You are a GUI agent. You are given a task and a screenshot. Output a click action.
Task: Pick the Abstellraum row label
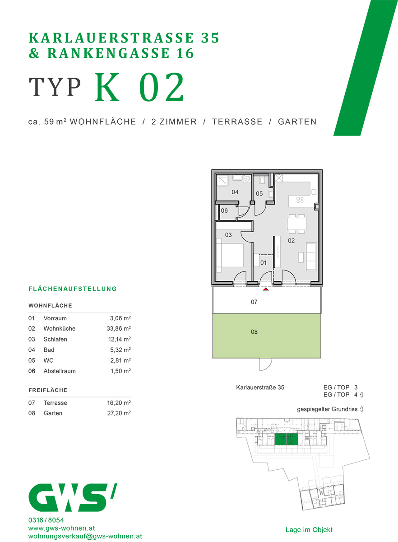point(59,371)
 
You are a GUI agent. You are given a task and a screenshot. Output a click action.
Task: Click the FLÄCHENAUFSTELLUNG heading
point(73,289)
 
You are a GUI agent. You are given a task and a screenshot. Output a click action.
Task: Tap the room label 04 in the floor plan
point(235,192)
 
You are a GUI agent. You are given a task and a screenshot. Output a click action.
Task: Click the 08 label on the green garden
point(254,332)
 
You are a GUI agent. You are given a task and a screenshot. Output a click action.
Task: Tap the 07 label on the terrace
point(254,302)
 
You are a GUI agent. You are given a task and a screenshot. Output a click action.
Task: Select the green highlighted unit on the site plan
point(286,439)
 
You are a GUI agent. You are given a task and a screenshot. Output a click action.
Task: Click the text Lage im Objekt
point(309,530)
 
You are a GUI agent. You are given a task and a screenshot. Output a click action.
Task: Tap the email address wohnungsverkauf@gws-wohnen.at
point(85,536)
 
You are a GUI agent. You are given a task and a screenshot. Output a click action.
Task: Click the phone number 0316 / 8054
point(46,520)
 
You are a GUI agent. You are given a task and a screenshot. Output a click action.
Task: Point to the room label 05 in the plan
point(259,194)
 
